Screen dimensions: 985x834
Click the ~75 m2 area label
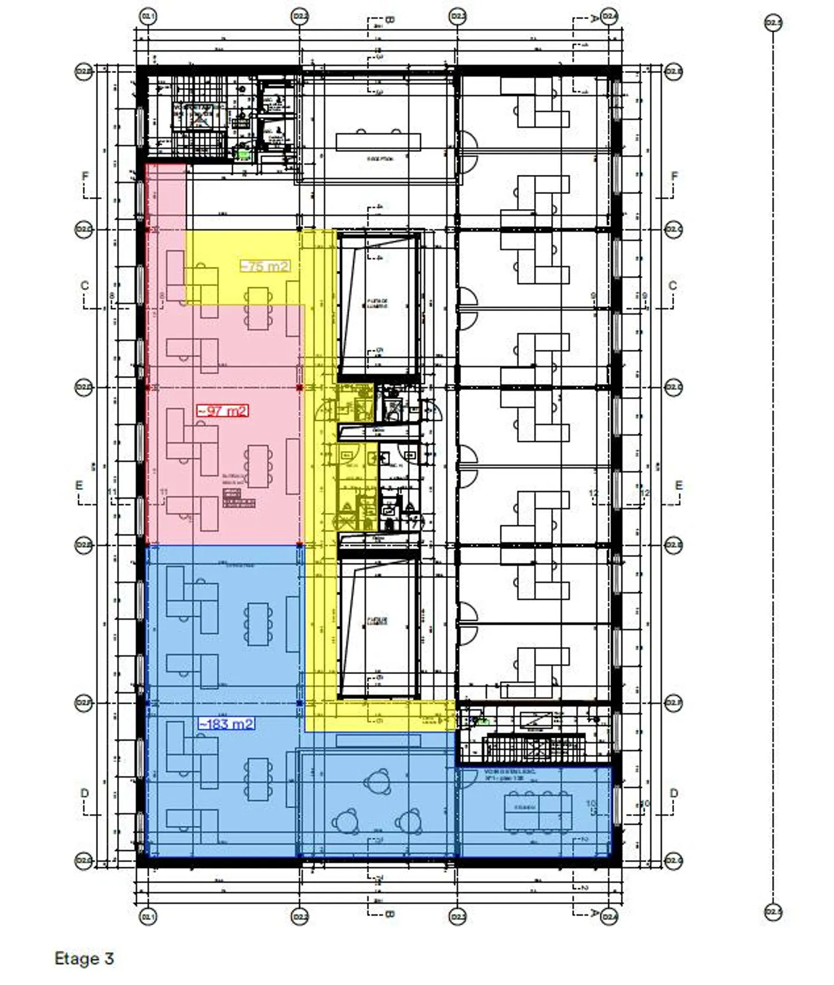[x=265, y=266]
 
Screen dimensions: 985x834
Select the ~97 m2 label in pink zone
[x=223, y=411]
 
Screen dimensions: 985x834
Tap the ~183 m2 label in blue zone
[x=226, y=724]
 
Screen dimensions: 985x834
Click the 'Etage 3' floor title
[x=84, y=958]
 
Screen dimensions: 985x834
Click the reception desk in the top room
[x=378, y=142]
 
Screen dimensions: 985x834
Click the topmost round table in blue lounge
[x=377, y=782]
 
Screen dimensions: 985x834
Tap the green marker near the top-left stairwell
[x=244, y=154]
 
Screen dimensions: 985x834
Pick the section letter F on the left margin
[x=86, y=176]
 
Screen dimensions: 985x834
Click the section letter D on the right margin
[x=674, y=793]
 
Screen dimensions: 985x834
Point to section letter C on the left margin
[x=85, y=285]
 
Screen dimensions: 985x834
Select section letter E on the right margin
[x=678, y=485]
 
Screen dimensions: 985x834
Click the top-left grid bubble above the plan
[x=148, y=17]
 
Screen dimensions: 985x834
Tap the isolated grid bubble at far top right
[x=773, y=23]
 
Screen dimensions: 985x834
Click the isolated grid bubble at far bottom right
[x=773, y=912]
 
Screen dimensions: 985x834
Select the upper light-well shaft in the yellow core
[x=378, y=304]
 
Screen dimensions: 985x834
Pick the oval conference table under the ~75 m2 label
[x=258, y=308]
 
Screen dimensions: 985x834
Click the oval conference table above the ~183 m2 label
[x=258, y=624]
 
